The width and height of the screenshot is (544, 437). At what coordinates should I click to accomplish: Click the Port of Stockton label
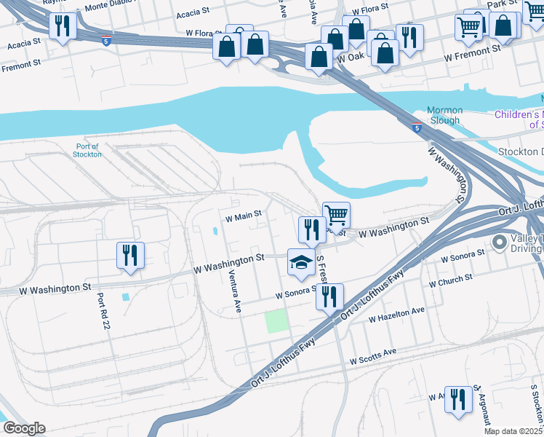88,150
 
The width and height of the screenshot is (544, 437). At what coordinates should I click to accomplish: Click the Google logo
23,428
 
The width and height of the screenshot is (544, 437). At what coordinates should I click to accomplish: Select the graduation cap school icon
302,264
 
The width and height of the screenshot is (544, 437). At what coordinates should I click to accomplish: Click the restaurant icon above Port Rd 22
130,256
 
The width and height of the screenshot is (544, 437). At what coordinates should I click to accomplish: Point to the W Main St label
242,216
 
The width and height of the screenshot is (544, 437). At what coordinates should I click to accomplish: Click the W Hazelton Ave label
396,315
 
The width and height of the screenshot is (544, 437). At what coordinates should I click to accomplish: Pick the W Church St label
451,281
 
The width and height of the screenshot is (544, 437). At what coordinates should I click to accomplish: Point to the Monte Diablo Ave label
116,7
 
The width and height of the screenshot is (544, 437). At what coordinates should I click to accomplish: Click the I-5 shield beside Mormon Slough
416,127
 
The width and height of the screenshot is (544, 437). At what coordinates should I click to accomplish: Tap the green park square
276,321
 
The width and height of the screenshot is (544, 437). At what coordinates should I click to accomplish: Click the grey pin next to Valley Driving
500,242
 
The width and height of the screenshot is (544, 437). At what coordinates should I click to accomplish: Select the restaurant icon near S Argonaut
457,400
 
